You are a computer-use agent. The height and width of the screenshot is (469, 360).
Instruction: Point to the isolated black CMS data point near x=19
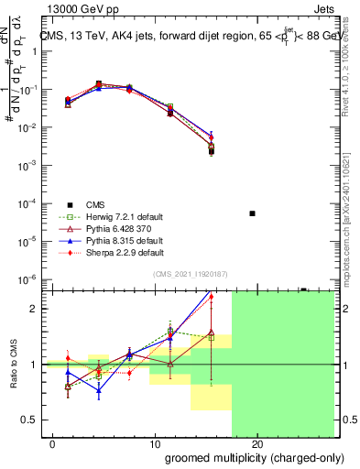(x=253, y=213)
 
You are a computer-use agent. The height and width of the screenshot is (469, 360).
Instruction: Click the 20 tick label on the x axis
(x=257, y=443)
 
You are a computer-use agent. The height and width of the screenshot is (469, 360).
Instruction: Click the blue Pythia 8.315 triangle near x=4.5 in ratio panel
(x=99, y=390)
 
